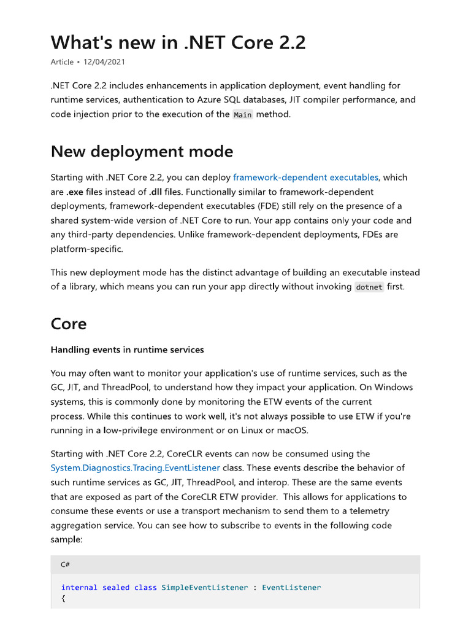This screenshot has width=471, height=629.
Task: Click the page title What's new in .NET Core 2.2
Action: (178, 42)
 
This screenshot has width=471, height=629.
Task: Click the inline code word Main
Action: (242, 115)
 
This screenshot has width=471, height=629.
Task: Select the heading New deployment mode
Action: (142, 151)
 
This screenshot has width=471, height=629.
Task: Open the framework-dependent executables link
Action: (305, 178)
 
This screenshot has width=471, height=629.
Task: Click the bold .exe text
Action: (75, 192)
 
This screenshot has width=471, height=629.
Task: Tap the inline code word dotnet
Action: (369, 287)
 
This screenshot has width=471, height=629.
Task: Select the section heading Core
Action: (69, 324)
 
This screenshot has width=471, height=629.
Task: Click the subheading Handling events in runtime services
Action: (127, 350)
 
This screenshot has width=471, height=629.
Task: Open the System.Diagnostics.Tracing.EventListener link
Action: (135, 468)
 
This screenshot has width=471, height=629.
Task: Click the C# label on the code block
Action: (65, 565)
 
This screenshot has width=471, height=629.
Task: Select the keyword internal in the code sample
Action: (79, 587)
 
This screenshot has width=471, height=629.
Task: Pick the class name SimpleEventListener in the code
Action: (205, 587)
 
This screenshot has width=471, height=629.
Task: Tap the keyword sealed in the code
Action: (116, 587)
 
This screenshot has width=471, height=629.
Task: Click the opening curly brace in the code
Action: (63, 599)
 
